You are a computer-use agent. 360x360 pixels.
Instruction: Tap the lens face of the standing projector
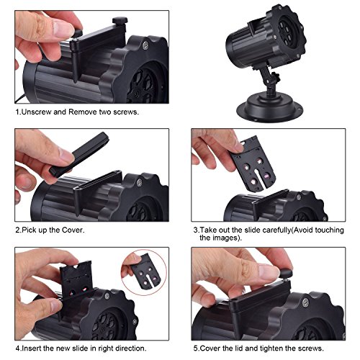pos(289,32)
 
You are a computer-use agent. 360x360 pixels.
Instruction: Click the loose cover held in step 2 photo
pos(79,155)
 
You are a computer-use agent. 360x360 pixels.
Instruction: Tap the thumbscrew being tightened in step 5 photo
pos(285,273)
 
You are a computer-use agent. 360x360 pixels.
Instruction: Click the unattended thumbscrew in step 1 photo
pos(120,21)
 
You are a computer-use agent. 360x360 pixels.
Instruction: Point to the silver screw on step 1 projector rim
pos(145,45)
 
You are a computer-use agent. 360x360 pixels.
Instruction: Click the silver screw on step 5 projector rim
pos(305,302)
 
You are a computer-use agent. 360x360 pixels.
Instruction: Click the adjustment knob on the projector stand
pos(276,78)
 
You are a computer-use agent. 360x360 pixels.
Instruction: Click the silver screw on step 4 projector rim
pos(107,296)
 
